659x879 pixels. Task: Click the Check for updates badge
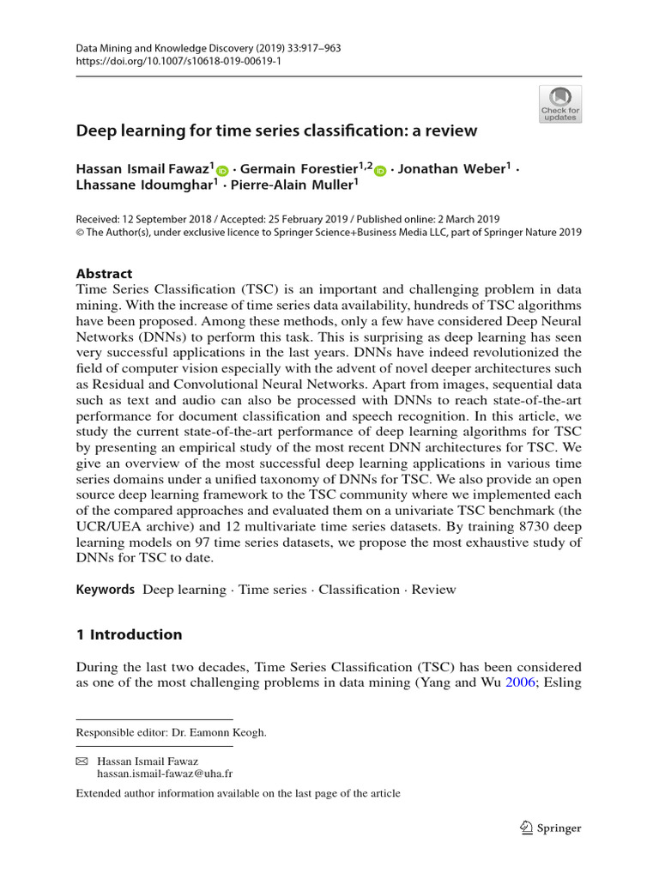560,104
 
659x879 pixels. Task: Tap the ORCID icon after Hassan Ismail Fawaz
223,171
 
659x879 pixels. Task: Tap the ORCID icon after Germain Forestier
381,171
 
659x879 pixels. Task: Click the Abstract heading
104,274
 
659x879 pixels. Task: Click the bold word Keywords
106,590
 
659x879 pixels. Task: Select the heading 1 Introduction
129,635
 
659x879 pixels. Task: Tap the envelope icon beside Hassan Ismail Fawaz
82,761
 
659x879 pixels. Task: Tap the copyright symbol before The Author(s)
82,232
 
